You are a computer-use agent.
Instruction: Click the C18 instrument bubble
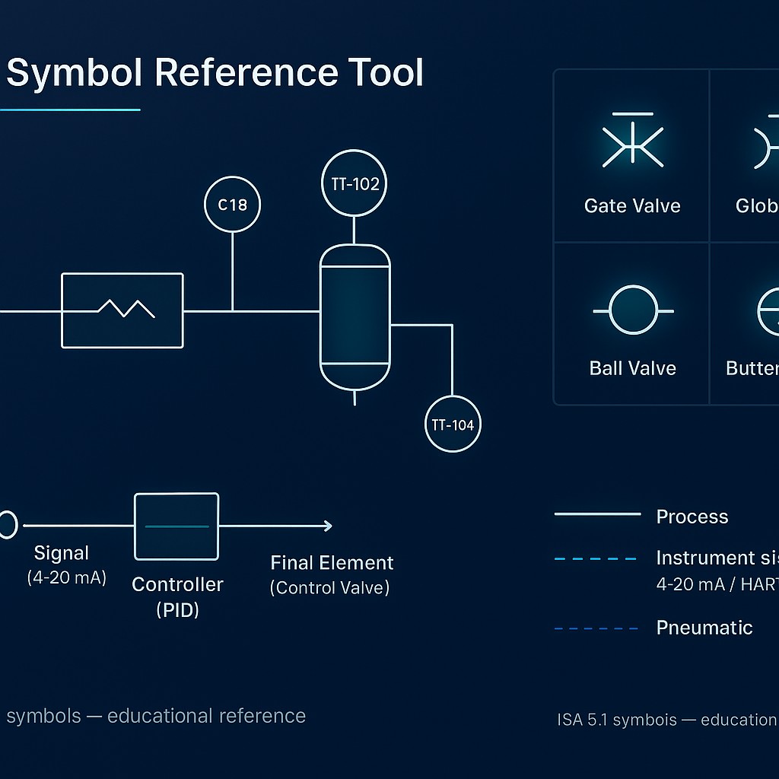[x=232, y=205]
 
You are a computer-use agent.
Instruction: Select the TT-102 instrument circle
[x=355, y=184]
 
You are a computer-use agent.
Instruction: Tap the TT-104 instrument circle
[x=453, y=424]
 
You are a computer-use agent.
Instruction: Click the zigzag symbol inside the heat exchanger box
[x=127, y=308]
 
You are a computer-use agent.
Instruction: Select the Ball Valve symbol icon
[x=632, y=311]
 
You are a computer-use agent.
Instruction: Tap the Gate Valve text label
[x=632, y=206]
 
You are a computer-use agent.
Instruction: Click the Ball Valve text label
[x=632, y=368]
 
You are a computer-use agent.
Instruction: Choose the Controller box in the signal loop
[x=176, y=526]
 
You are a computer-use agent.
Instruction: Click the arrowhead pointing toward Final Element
[x=326, y=526]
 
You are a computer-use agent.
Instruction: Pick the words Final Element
[x=332, y=563]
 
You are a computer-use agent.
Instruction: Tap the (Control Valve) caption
[x=329, y=588]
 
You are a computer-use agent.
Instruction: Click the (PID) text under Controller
[x=177, y=609]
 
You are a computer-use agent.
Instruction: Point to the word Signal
[x=62, y=553]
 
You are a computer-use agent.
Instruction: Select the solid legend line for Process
[x=597, y=515]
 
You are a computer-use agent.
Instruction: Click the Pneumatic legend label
[x=704, y=628]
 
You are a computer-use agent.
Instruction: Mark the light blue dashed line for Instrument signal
[x=596, y=559]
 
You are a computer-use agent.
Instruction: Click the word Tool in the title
[x=384, y=73]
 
